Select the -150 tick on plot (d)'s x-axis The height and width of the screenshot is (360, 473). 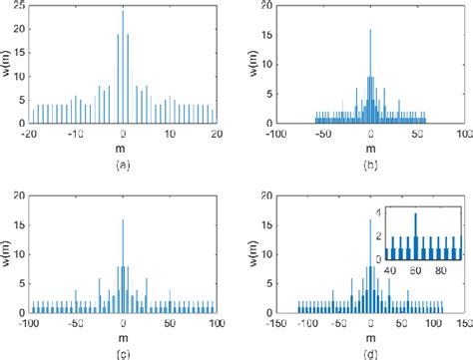275,325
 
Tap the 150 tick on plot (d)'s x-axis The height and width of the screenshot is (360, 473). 462,325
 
